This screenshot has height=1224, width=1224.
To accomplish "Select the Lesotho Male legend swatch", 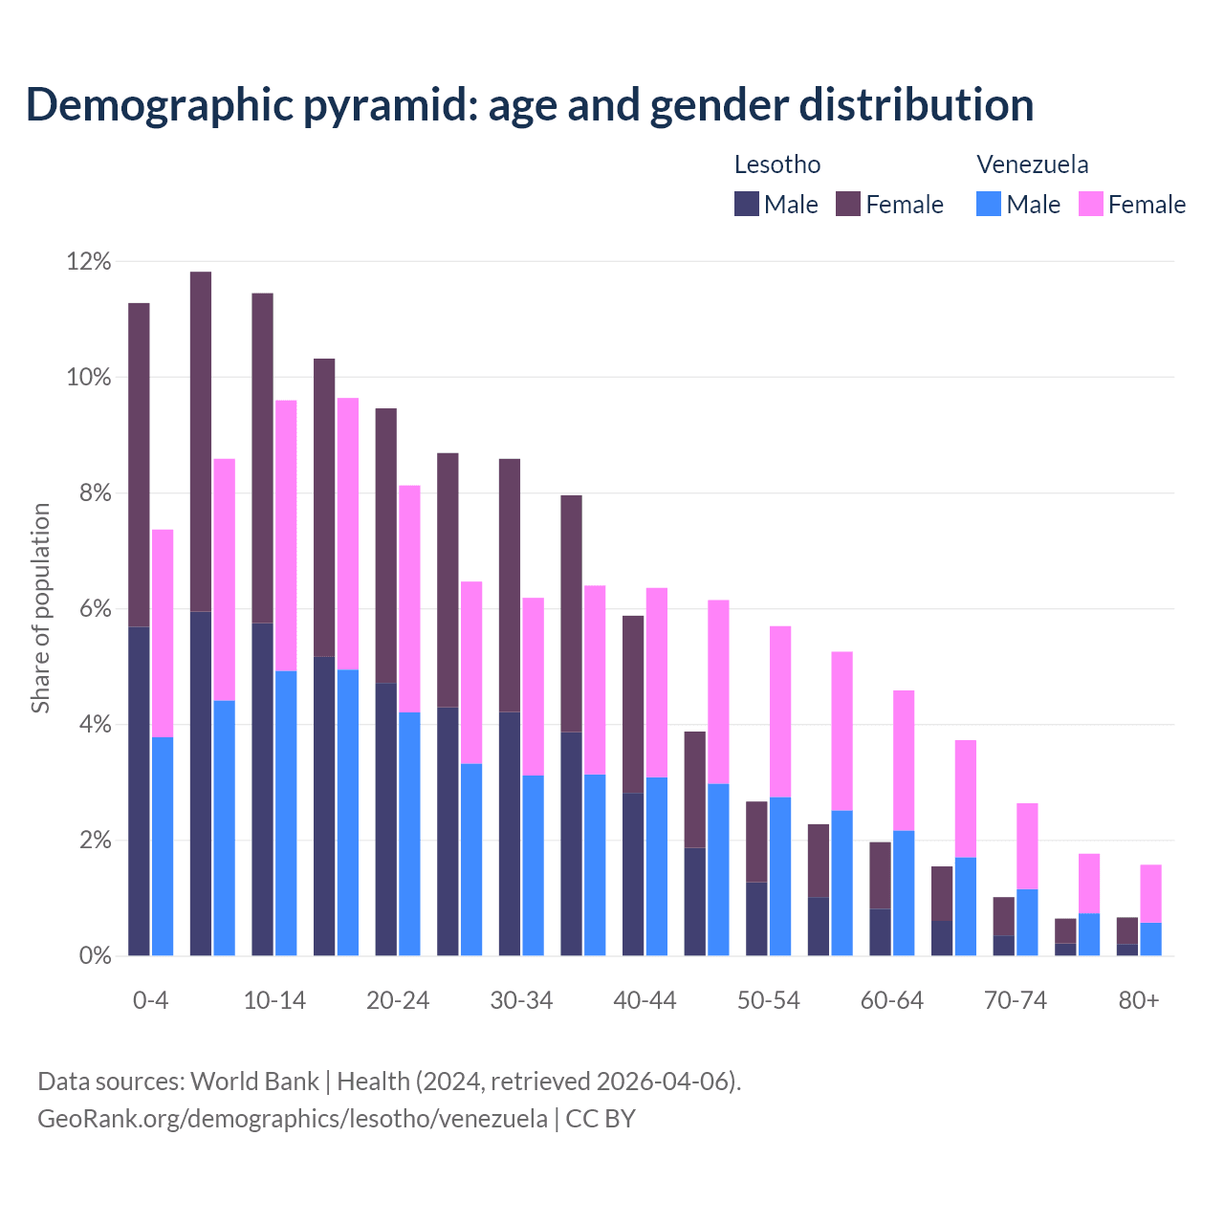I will (746, 204).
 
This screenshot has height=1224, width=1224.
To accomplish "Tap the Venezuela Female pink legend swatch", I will (1091, 204).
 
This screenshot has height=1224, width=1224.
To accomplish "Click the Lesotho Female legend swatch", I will (848, 204).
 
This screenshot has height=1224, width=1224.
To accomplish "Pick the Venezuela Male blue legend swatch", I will (989, 204).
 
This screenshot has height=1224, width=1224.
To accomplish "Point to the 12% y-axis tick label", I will (89, 261).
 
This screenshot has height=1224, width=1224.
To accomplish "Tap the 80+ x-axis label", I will (1139, 1000).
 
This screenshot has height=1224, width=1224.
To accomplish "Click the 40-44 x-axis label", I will (645, 1000).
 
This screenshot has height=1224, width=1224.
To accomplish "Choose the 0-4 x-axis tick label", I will (150, 1000).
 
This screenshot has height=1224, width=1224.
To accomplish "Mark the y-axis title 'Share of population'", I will (40, 608).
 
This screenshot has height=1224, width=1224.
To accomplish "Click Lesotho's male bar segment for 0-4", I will (139, 792).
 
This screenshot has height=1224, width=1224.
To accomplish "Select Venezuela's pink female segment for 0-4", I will (163, 633).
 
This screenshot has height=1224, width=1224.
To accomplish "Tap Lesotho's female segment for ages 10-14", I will (262, 458).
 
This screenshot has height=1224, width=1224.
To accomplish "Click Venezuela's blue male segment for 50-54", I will (780, 876).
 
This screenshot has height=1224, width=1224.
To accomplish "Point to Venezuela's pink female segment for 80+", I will (1151, 893).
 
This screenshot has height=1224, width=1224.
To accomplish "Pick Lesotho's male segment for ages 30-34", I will (510, 834).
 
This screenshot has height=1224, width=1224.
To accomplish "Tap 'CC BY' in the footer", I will (601, 1118).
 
